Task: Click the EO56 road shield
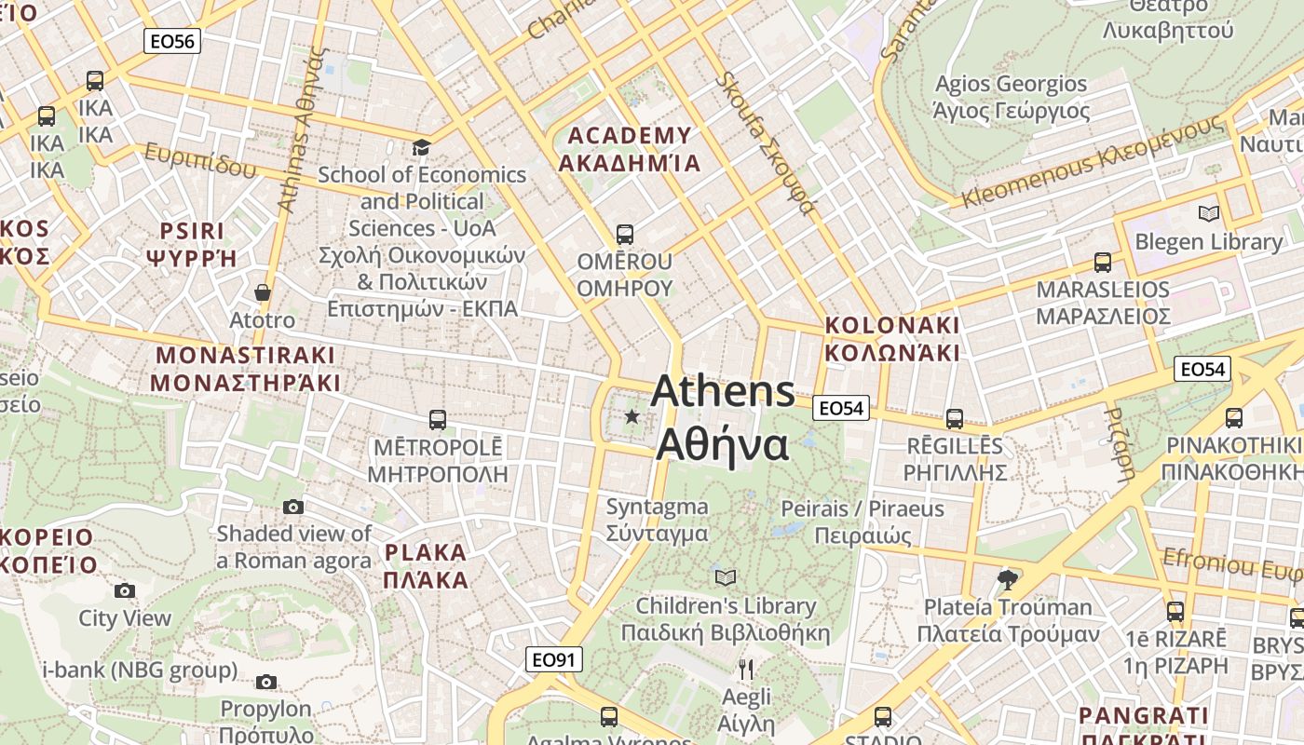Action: tap(172, 41)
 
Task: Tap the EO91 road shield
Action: tap(553, 660)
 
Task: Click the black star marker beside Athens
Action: tap(632, 416)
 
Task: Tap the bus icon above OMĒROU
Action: tap(624, 235)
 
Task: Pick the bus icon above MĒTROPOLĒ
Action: tap(437, 420)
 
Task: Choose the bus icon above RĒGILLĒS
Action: tap(954, 419)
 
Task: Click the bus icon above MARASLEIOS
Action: tap(1103, 263)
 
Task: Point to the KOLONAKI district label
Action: tap(891, 339)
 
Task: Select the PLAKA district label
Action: tap(426, 566)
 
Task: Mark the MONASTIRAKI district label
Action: tap(245, 369)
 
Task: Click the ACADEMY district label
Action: tap(630, 149)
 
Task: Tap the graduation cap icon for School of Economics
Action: tap(422, 148)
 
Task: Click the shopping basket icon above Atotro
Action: tap(263, 292)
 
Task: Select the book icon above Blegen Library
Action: tap(1208, 214)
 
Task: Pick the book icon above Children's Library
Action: tap(726, 577)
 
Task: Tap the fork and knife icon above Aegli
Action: tap(746, 669)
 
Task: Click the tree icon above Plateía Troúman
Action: tap(1007, 580)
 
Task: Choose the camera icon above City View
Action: tap(124, 590)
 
